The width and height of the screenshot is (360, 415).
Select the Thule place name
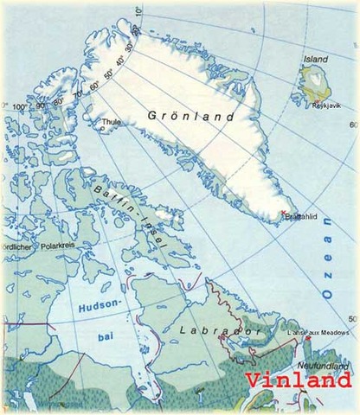click(x=112, y=122)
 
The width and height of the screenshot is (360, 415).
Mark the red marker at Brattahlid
click(x=285, y=212)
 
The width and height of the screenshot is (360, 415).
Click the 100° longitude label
click(x=19, y=105)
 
